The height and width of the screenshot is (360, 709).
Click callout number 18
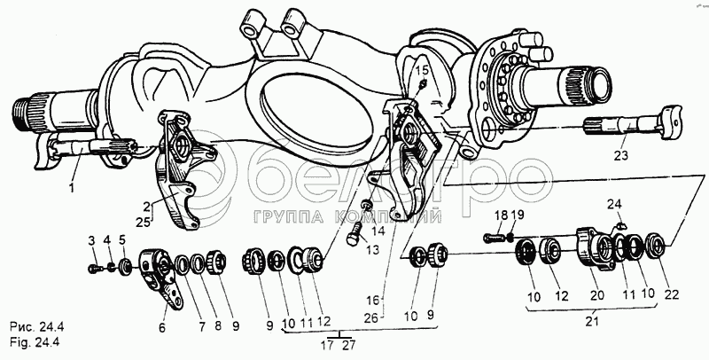[501, 215]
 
